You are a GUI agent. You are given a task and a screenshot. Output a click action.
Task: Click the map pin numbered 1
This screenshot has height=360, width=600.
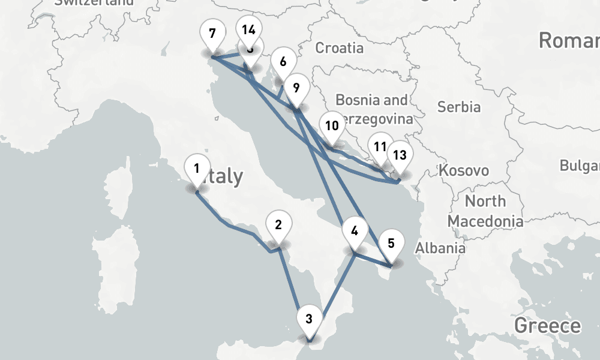click(197, 169)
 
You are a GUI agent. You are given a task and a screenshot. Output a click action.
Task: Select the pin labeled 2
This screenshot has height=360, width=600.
click(278, 225)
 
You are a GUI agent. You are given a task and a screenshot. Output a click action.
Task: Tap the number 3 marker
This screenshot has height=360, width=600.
click(309, 318)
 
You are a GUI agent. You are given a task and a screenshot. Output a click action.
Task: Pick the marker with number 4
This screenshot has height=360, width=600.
click(355, 231)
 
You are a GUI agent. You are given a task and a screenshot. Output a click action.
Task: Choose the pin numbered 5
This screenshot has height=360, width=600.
click(391, 243)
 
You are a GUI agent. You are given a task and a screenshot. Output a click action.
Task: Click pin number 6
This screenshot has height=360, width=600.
click(283, 61)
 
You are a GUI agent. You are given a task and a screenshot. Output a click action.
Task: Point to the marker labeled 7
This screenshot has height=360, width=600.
click(211, 33)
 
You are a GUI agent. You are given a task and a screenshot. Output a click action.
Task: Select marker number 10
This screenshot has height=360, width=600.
click(331, 126)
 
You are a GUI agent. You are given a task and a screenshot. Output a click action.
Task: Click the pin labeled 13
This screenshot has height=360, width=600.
click(400, 155)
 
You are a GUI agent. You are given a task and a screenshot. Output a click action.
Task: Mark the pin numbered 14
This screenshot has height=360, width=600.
click(248, 29)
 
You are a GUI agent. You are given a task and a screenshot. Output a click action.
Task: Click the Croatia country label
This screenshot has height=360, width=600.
click(339, 47)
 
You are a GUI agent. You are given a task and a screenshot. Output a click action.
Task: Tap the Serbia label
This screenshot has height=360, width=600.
click(459, 107)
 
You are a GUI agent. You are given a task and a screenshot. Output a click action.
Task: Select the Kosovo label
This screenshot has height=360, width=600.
click(464, 170)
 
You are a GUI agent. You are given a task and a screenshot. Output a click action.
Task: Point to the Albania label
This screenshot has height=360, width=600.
click(440, 248)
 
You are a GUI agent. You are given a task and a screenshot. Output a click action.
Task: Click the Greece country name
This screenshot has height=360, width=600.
click(547, 326)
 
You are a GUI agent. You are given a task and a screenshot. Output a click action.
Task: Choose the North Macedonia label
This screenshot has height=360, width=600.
click(485, 211)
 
